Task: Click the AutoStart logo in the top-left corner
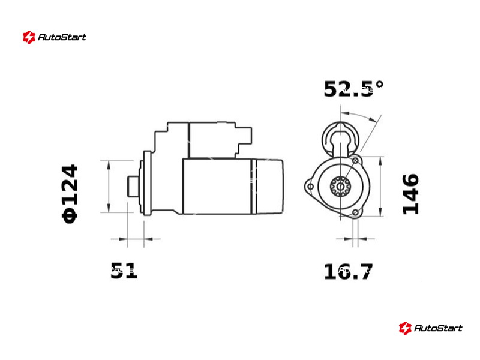[54, 37]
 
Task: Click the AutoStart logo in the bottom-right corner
[430, 328]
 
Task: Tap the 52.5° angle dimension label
[353, 89]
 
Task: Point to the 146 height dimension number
[410, 194]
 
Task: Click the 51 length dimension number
[124, 271]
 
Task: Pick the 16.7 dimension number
[349, 271]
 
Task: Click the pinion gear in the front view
[340, 186]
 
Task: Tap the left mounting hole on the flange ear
[310, 187]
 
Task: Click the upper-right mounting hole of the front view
[355, 160]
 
